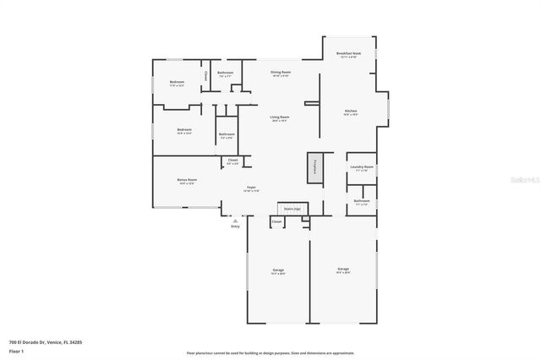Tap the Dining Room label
281,73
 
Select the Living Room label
280,117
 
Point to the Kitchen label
350,112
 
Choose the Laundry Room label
362,167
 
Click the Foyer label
251,188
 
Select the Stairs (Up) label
292,207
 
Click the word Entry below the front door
235,226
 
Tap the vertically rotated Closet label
205,76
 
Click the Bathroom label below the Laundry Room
362,201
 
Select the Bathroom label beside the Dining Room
225,73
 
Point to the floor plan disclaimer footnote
270,352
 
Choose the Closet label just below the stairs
276,221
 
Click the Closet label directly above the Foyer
232,161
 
